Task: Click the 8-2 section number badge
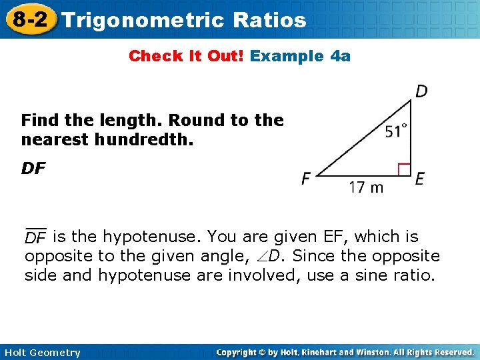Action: point(30,19)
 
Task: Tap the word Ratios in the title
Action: point(270,19)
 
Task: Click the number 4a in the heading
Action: point(340,56)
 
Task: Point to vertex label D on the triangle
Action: point(421,91)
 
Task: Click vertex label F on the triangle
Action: point(306,179)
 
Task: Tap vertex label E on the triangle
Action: point(419,179)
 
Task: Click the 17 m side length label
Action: point(367,187)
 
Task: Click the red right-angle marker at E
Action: point(404,169)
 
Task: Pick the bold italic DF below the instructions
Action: point(34,169)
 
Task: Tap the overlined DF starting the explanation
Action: point(35,237)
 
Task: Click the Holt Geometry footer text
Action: point(41,353)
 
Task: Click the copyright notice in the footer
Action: point(345,352)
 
